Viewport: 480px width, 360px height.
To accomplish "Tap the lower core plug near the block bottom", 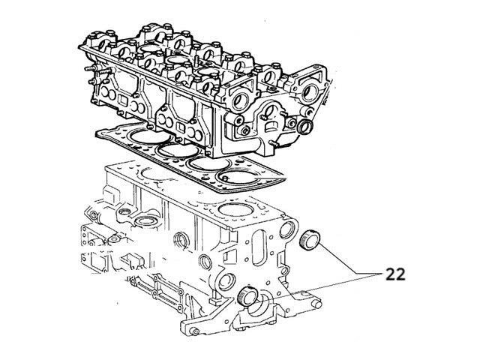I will point(247,296).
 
